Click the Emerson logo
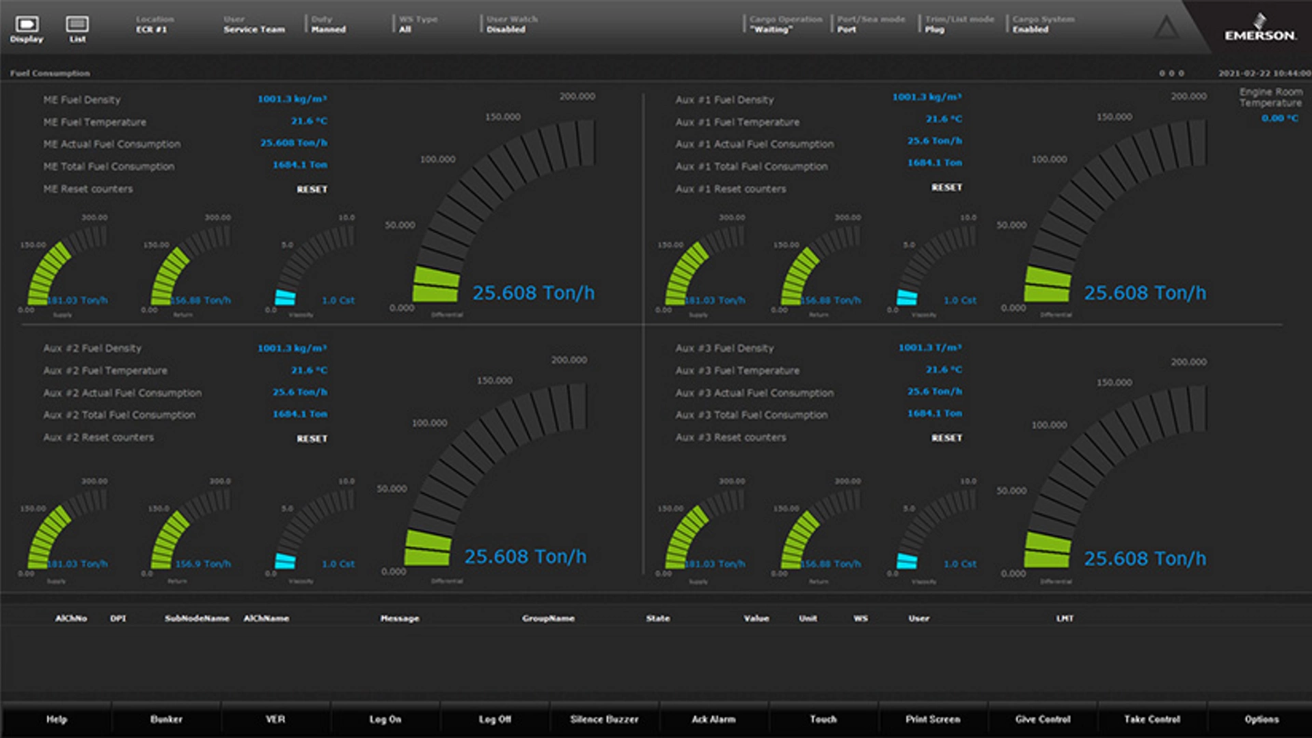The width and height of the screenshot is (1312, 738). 1259,30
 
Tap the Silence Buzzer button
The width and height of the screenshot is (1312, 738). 604,719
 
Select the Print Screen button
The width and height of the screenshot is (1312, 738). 933,719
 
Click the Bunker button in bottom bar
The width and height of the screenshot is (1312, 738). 166,719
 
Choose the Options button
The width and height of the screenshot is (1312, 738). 1261,719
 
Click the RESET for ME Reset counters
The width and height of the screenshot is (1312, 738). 312,189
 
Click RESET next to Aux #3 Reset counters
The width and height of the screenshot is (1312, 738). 946,438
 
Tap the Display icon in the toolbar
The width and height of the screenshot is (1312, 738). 27,28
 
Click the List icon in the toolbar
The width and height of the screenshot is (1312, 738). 77,28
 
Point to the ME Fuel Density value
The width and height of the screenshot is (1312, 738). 292,99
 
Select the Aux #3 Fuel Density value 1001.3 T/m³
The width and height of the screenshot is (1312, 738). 929,348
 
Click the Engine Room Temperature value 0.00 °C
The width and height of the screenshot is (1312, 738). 1279,118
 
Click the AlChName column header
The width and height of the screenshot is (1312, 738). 266,618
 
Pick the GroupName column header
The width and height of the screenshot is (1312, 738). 548,618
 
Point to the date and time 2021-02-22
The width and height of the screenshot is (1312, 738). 1263,73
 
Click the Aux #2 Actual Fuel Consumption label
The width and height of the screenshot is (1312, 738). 122,393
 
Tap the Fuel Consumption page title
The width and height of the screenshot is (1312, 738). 50,73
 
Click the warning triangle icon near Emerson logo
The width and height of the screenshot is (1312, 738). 1166,28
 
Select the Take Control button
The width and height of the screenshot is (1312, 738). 1152,719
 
